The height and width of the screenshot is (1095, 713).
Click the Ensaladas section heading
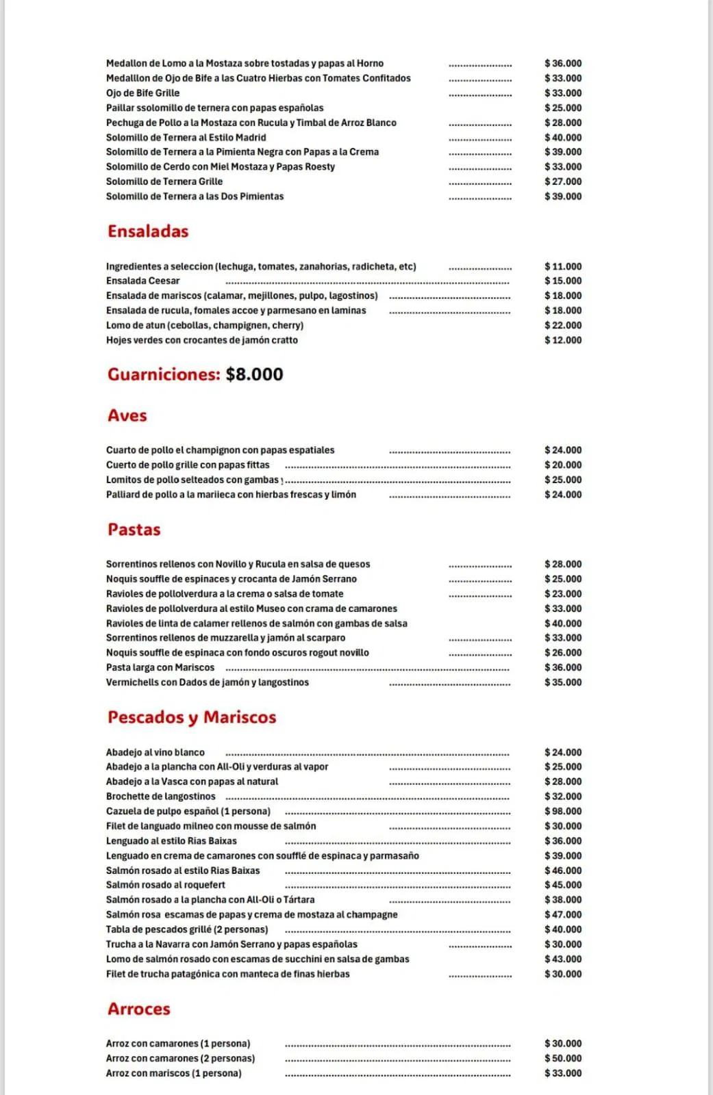148,231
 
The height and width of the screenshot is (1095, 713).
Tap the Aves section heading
127,415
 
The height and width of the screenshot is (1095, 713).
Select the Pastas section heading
134,530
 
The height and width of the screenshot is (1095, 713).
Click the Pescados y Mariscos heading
192,717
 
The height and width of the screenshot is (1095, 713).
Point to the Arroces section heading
139,1009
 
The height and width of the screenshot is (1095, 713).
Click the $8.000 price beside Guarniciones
254,374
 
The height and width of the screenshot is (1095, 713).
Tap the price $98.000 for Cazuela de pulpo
563,811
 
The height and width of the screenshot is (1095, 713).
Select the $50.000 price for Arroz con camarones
563,1058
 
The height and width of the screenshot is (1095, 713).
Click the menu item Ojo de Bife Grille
143,93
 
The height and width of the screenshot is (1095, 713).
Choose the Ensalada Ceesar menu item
143,281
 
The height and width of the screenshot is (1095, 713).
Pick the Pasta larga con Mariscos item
160,667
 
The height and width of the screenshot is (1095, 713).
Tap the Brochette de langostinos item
161,797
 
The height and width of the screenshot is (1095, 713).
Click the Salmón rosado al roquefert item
166,885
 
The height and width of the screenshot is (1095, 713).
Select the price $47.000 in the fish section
563,914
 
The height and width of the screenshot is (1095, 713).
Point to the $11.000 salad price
563,266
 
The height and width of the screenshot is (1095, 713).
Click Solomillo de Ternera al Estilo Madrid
186,138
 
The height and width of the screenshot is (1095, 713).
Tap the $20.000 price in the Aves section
563,465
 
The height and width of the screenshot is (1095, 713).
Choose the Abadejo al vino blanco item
155,752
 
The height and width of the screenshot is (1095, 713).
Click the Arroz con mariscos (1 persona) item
174,1073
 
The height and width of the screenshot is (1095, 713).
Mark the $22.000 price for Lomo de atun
563,325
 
